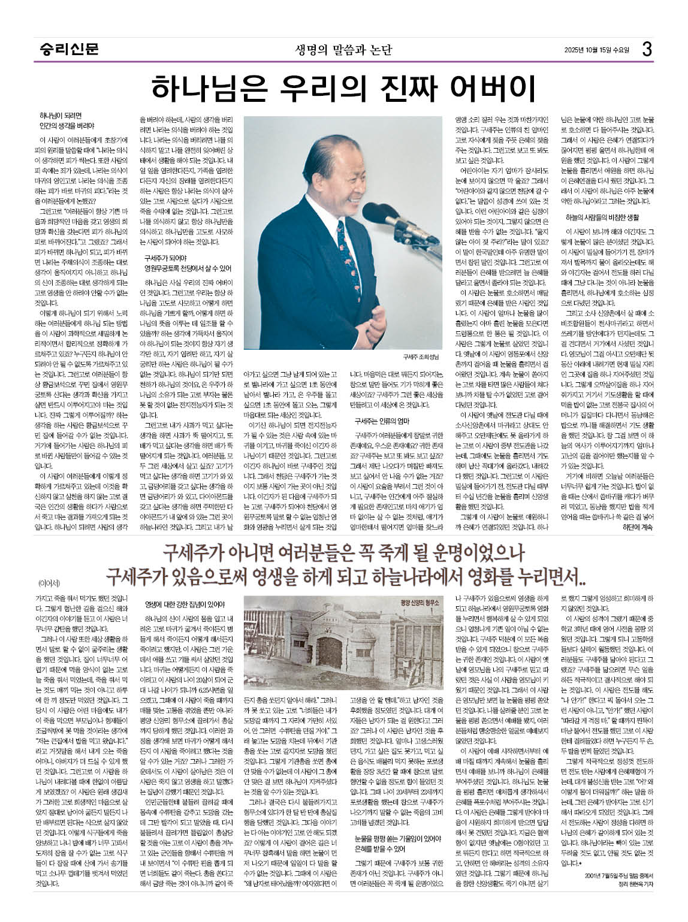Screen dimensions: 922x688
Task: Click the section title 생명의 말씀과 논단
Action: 343,49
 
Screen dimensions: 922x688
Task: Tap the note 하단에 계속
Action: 639,527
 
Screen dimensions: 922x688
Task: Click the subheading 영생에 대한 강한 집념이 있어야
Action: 185,604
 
